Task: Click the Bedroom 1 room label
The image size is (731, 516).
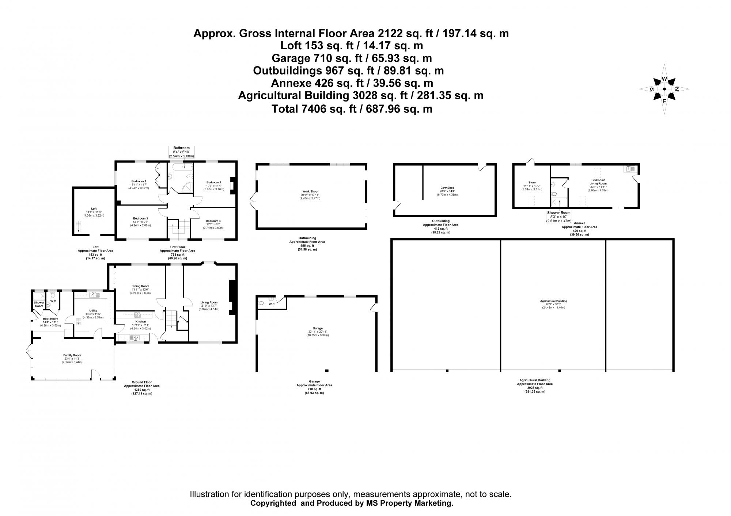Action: coord(139,181)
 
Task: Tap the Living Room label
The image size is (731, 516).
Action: coord(209,302)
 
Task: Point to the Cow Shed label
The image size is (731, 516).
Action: coord(447,188)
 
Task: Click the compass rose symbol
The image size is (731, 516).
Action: coord(664,89)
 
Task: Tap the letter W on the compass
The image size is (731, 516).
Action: coord(664,79)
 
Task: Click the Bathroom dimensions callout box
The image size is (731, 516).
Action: coord(182,152)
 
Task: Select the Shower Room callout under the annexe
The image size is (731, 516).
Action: coord(558,217)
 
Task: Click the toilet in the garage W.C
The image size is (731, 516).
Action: coord(261,303)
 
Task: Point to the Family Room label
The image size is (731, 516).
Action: coord(72,355)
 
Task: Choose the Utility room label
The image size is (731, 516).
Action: coord(93,311)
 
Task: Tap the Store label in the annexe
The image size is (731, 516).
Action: coord(532,183)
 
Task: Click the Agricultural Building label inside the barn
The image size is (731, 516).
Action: coord(553,301)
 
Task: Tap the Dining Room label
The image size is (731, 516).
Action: coord(140,286)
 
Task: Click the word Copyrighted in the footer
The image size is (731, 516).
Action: coord(273,503)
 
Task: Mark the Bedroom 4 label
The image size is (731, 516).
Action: coord(213,221)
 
